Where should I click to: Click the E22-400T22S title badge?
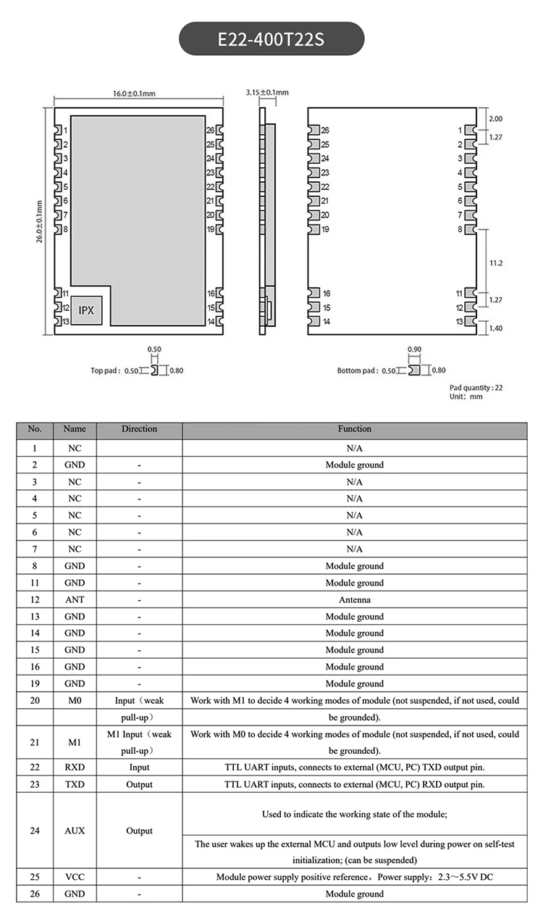(x=271, y=38)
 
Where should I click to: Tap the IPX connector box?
(x=86, y=309)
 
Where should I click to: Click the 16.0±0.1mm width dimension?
(x=134, y=93)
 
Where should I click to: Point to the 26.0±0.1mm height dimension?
(x=40, y=221)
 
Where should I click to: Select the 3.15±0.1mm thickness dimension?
(x=266, y=93)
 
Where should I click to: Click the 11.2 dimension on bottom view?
(x=496, y=263)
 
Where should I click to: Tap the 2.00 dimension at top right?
(x=496, y=118)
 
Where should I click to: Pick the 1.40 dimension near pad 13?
(x=496, y=328)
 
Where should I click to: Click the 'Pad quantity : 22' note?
(x=476, y=388)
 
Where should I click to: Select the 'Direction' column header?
(x=139, y=429)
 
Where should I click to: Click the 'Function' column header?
(x=354, y=429)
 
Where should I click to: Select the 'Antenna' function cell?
(x=354, y=600)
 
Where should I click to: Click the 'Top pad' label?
(x=105, y=370)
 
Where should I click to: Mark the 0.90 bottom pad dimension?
(x=414, y=349)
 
